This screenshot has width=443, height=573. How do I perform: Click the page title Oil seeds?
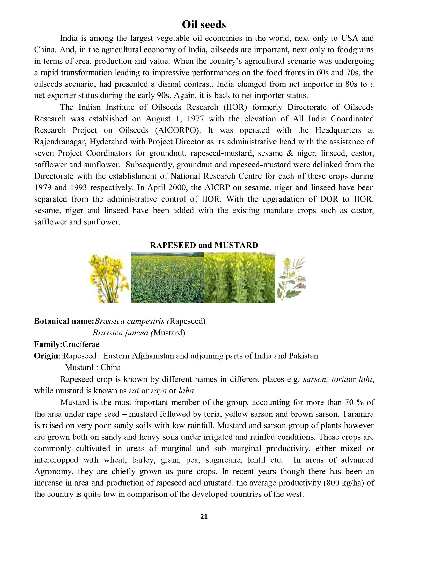pos(204,25)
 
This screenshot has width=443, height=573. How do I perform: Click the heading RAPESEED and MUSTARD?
pos(204,245)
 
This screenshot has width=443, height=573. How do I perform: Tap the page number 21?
pos(204,517)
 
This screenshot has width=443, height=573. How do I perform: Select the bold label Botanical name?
pos(64,321)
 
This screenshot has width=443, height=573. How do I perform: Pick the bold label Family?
pos(48,344)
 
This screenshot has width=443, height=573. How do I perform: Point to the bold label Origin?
pos(46,356)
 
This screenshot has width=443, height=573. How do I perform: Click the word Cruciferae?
pos(81,344)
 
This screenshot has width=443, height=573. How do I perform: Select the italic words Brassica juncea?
pos(120,333)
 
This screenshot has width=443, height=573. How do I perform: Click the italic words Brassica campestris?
pos(129,321)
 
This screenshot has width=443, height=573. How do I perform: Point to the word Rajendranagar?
pos(60,142)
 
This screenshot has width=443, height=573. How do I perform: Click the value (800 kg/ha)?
pos(344,483)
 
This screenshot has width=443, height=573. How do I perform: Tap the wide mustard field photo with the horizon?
pos(168,277)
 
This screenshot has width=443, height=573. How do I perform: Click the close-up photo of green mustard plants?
pos(240,277)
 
